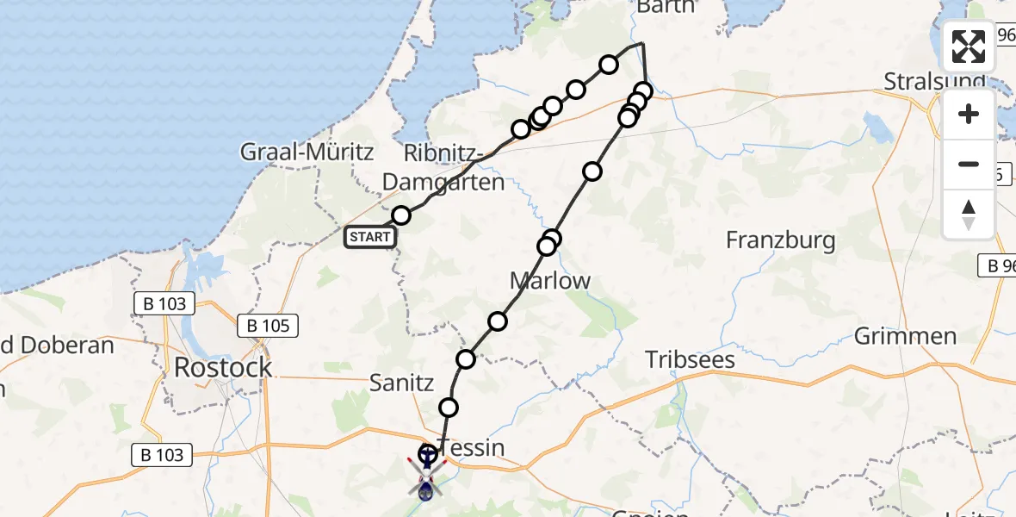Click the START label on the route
tap(369, 237)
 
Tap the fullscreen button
tap(969, 47)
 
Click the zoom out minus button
tap(969, 165)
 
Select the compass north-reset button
tap(969, 215)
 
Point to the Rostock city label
tap(223, 367)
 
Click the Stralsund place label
tap(934, 82)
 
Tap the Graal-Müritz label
tap(307, 153)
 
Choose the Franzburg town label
tap(780, 240)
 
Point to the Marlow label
tap(550, 281)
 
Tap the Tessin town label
tap(472, 448)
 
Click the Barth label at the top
tap(665, 8)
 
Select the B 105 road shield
tap(268, 326)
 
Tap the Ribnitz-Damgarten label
tap(443, 168)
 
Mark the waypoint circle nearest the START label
tap(401, 215)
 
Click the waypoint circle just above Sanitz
tap(466, 359)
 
